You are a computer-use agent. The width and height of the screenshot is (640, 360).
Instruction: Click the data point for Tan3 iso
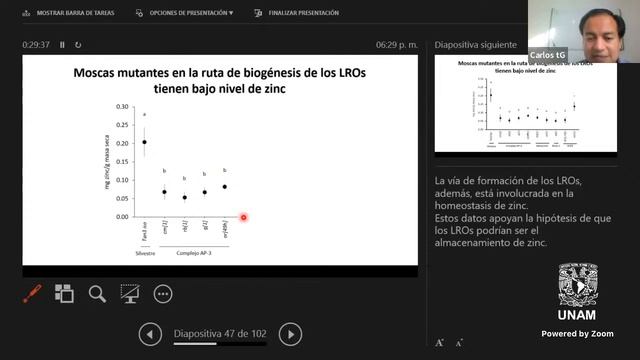[144, 141]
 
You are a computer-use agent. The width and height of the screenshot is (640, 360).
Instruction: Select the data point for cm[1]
[164, 192]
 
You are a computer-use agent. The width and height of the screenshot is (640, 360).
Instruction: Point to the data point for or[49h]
[224, 186]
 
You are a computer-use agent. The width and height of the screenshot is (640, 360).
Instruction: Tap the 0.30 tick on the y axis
[123, 106]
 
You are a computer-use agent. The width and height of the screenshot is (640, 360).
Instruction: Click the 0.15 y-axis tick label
[123, 161]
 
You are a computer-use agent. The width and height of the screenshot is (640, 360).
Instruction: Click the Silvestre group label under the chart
[145, 252]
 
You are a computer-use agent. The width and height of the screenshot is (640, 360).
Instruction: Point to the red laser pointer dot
[243, 217]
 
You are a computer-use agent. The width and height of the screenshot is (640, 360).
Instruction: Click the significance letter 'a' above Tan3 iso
[144, 116]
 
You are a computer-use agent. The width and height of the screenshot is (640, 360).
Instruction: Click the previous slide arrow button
[150, 334]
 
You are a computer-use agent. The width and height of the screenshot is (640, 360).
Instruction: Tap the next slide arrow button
[290, 334]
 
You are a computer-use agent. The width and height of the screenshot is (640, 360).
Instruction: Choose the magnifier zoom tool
[97, 293]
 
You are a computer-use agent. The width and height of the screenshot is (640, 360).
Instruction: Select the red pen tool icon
[32, 293]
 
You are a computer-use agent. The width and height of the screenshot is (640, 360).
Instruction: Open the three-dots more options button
[163, 293]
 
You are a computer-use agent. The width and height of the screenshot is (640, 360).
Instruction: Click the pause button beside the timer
[62, 45]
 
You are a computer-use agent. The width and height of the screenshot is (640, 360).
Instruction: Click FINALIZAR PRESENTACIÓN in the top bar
[297, 13]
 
